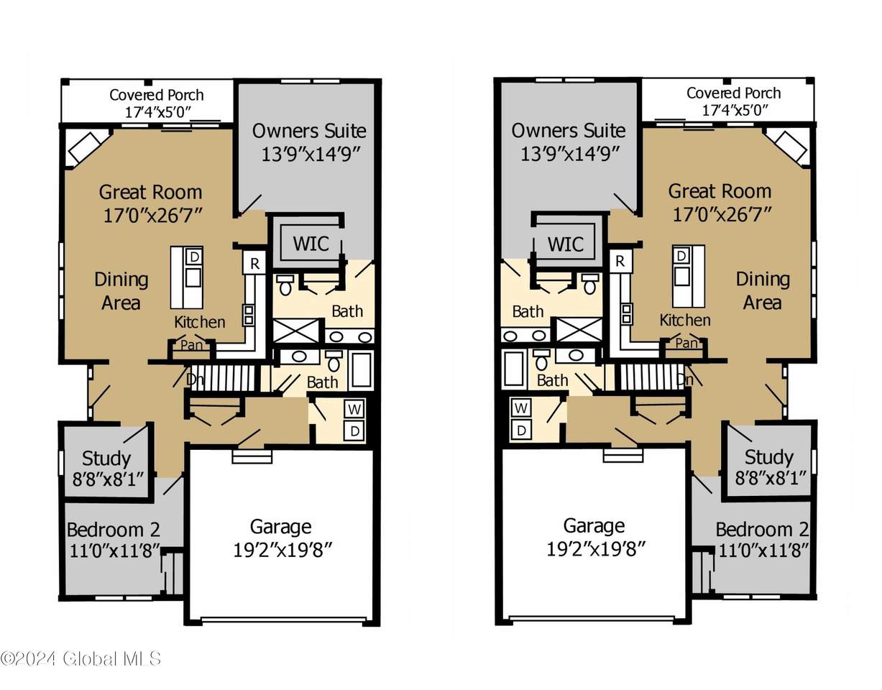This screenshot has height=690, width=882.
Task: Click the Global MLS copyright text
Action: coord(81,658)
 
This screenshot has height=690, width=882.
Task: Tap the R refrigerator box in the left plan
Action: coord(254,263)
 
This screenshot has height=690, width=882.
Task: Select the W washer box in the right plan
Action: coord(520,408)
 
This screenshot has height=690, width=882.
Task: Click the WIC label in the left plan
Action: coord(311,244)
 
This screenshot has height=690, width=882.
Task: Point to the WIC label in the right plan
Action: coord(566,244)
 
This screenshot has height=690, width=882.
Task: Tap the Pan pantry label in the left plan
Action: coord(192,345)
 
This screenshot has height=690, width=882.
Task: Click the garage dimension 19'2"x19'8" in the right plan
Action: coord(595,549)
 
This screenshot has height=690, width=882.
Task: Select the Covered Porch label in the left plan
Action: coord(156,95)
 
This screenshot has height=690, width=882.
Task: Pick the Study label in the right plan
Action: coord(768,458)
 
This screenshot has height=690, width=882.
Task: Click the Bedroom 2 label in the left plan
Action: coord(114,530)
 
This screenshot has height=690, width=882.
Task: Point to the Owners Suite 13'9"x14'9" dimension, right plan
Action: coord(569,154)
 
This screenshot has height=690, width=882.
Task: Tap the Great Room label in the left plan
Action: coord(150,192)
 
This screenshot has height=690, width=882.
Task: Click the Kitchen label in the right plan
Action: coord(685,321)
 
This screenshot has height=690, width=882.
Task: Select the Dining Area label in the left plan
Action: coord(121,291)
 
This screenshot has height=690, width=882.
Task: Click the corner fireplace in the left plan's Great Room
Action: coord(85,147)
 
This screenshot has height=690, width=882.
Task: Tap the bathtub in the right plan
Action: coord(513,368)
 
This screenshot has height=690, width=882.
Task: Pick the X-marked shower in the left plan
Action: coord(296,331)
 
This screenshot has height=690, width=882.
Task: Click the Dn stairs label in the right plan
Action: coord(686,379)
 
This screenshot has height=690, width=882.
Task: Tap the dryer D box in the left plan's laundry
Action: coord(354,431)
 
